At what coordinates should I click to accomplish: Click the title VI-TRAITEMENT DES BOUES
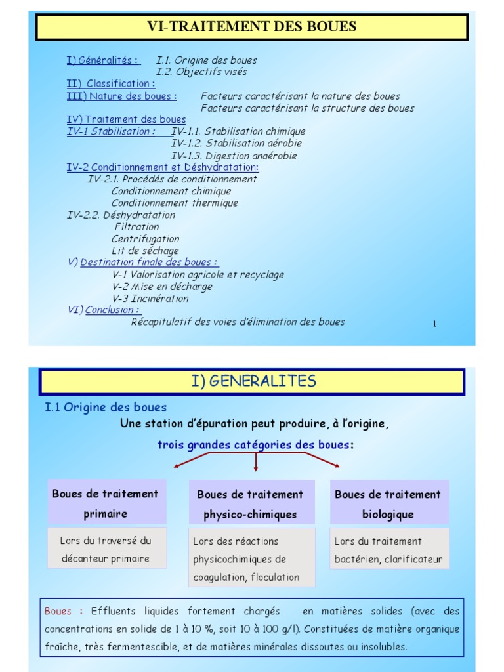tap(252, 27)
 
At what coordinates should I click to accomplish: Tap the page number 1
tap(434, 324)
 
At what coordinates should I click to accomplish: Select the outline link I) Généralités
tap(103, 60)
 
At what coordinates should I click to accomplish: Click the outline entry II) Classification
tap(111, 84)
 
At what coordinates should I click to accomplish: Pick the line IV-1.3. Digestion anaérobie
tap(234, 156)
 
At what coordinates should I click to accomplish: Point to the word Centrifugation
tap(145, 239)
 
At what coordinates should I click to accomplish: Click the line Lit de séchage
tap(145, 251)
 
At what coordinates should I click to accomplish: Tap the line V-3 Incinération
tap(150, 299)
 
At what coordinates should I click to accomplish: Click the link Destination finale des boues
tap(149, 262)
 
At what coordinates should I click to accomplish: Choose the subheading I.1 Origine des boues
tap(106, 408)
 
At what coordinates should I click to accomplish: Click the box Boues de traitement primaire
tap(106, 503)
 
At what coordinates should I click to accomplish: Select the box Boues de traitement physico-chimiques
tap(250, 504)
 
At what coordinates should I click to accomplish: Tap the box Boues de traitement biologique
tap(388, 504)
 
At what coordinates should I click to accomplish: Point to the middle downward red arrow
tap(255, 462)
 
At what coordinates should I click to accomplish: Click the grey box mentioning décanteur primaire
tap(106, 549)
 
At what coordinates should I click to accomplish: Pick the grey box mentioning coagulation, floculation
tap(251, 558)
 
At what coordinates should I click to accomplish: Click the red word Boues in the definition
tap(58, 611)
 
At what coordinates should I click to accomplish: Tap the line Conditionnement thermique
tap(175, 203)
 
